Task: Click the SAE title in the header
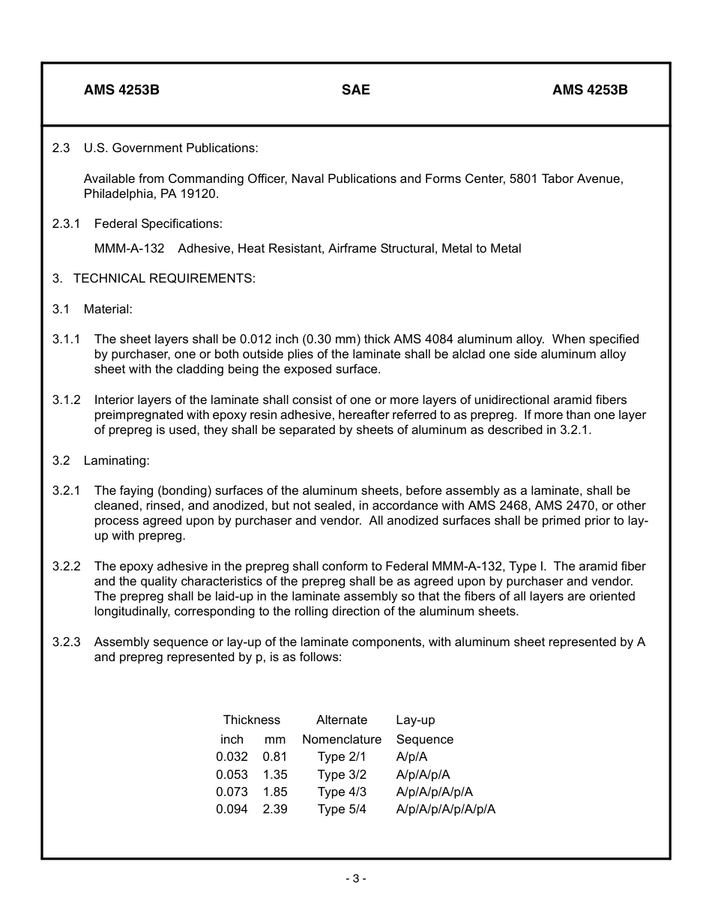355,90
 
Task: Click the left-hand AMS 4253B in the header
121,90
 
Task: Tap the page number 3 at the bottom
356,879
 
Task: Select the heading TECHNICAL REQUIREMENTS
164,279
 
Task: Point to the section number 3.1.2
67,400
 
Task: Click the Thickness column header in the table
251,720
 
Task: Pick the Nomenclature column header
342,740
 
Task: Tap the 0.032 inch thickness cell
232,757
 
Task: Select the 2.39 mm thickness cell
275,810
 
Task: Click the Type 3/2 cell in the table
342,775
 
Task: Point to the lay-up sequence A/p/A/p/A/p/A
434,792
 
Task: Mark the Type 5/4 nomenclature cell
342,810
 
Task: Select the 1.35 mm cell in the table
275,775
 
